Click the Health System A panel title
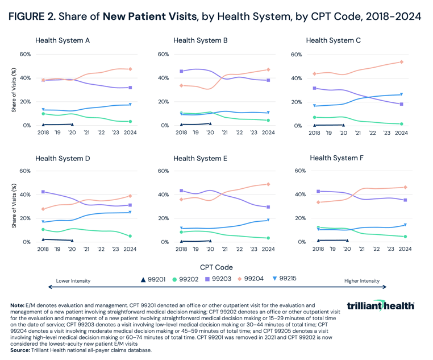pos(63,40)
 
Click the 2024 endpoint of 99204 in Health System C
pos(401,62)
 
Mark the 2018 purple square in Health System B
pos(181,71)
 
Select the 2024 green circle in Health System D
pos(130,236)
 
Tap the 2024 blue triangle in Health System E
pos(268,220)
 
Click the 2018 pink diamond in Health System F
pos(319,202)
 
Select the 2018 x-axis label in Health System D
pos(43,249)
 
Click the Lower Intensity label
pos(74,281)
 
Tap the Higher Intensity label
pos(362,281)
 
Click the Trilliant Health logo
pos(380,306)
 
